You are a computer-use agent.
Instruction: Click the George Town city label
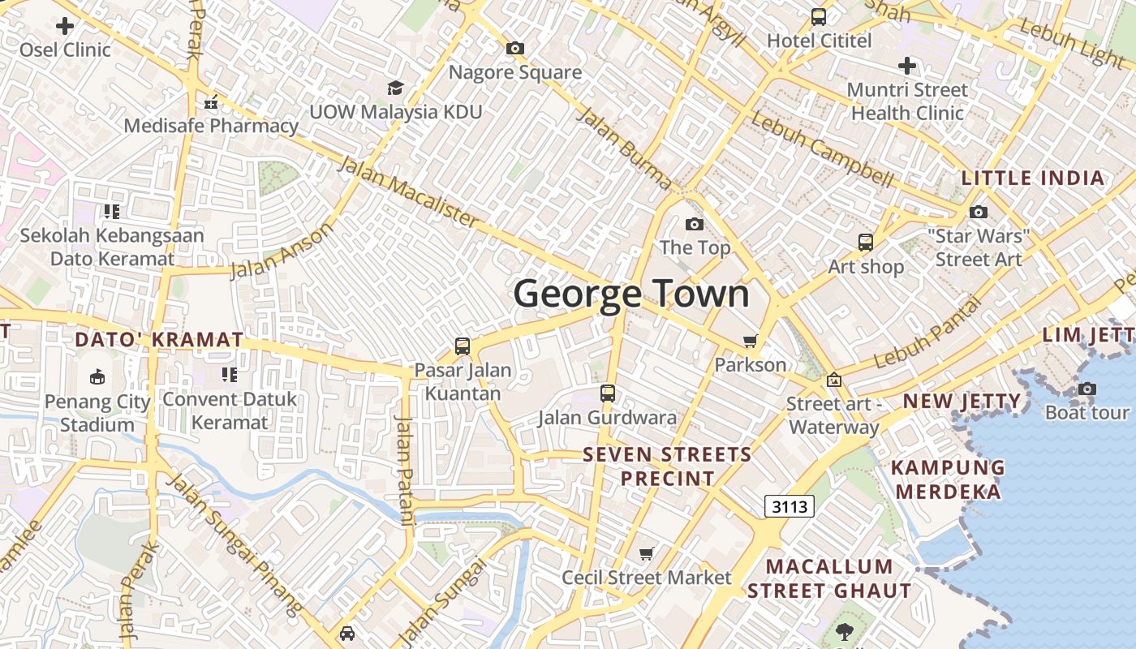[631, 294]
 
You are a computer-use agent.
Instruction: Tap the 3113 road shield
[789, 507]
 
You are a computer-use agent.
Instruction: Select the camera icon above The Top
[695, 224]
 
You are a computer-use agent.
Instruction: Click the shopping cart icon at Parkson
[751, 342]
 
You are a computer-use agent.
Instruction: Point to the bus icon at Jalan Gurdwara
[608, 393]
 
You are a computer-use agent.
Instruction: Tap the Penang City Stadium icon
[97, 376]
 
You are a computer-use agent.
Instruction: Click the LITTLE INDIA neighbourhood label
[1033, 178]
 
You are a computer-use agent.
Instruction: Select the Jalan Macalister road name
[408, 191]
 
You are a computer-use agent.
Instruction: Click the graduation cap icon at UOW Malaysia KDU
[395, 88]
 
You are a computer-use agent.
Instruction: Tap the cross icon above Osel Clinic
[65, 26]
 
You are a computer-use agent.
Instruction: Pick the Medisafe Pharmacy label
[211, 126]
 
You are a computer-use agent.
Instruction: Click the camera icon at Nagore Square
[514, 49]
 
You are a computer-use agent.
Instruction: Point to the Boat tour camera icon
[1087, 389]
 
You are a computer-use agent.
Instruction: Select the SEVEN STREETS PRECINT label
[668, 466]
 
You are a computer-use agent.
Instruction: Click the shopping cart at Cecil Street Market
[647, 554]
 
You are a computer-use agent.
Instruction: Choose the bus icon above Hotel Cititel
[819, 16]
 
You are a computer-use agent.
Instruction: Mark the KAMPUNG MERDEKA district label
[949, 479]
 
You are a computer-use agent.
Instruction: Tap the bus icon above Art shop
[866, 242]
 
